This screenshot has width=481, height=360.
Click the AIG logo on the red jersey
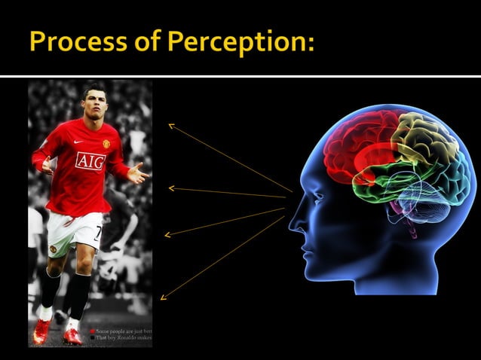click(x=90, y=160)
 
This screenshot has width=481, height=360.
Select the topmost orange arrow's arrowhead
click(x=171, y=126)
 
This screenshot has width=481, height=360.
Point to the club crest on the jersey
click(x=106, y=143)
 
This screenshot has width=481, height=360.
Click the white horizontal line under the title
click(x=240, y=76)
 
